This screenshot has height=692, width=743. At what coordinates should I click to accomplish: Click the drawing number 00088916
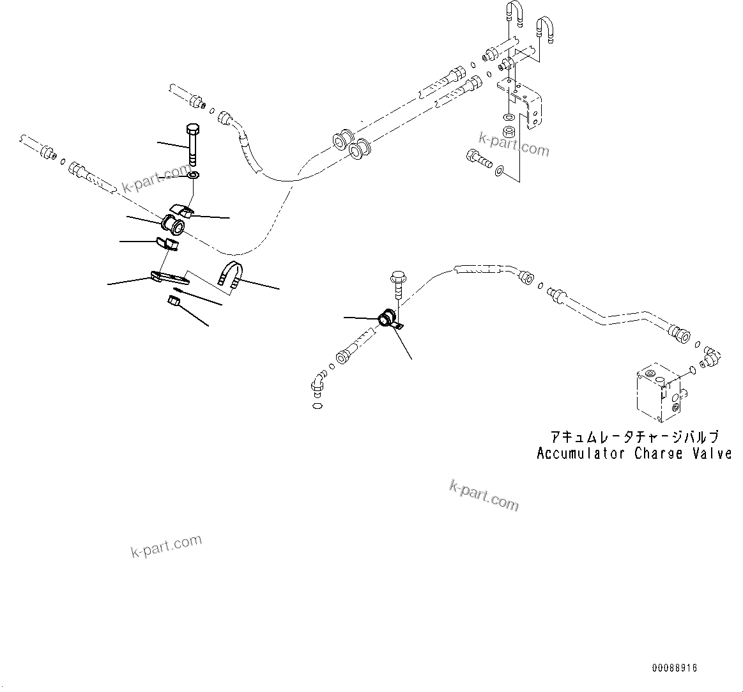click(675, 668)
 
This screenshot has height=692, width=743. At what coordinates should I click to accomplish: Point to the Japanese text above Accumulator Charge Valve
click(634, 436)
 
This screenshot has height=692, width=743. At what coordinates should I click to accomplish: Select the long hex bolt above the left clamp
click(193, 144)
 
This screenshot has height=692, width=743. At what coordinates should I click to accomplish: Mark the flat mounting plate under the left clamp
click(169, 278)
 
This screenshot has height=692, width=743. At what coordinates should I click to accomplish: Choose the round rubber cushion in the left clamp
click(174, 225)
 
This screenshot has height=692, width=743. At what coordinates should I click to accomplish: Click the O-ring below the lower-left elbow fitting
click(318, 405)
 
